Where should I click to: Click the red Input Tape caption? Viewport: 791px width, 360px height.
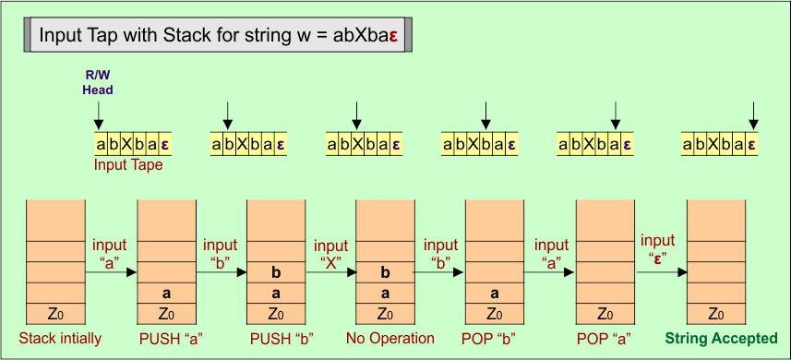pos(128,165)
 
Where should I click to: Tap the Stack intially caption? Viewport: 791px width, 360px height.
pos(60,338)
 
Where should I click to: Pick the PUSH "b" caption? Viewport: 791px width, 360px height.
pos(282,338)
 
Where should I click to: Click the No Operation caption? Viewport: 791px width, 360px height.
pos(390,338)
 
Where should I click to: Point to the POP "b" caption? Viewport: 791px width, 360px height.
pos(497,338)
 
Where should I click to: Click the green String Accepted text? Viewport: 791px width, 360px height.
pos(721,338)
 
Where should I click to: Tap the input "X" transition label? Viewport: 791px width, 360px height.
pos(330,255)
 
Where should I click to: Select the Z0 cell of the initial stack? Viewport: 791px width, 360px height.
pos(55,313)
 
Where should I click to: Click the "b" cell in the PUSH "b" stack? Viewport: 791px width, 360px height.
pos(276,272)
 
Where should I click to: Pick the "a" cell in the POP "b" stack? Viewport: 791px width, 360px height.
pos(495,293)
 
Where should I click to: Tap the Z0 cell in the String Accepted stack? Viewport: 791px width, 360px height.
pos(716,313)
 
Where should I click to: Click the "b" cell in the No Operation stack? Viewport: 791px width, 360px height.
pos(385,272)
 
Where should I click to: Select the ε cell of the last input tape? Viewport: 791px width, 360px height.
pos(751,144)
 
